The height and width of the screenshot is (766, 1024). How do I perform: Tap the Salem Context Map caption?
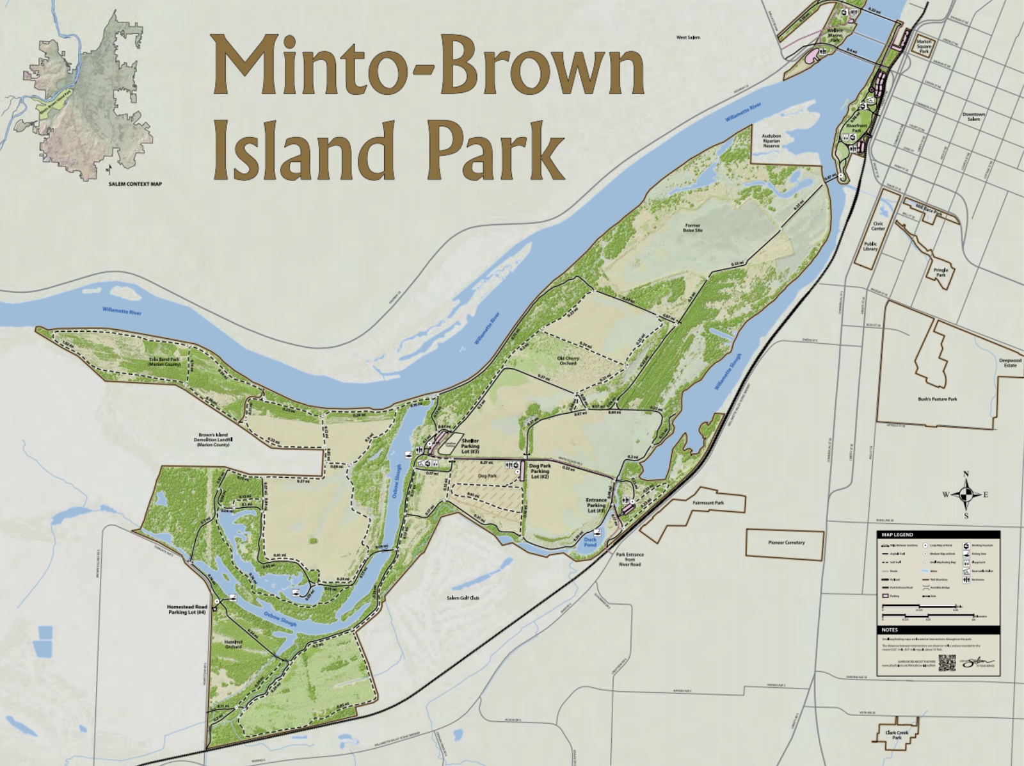pyautogui.click(x=134, y=184)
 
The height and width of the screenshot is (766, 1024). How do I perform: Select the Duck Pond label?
pyautogui.click(x=590, y=542)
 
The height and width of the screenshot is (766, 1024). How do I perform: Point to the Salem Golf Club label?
pyautogui.click(x=463, y=598)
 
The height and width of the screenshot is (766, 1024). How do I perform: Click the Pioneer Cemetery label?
pyautogui.click(x=786, y=542)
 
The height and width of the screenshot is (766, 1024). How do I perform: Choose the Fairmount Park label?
pyautogui.click(x=708, y=503)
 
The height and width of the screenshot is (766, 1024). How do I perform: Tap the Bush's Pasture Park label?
pyautogui.click(x=937, y=399)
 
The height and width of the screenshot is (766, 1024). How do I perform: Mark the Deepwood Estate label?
pyautogui.click(x=1010, y=363)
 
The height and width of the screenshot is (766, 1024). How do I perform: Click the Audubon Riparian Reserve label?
pyautogui.click(x=771, y=141)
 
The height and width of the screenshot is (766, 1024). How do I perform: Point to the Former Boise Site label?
pyautogui.click(x=692, y=227)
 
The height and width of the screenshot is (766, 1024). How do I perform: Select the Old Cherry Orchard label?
pyautogui.click(x=568, y=361)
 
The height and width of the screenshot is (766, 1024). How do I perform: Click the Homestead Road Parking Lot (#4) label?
pyautogui.click(x=187, y=609)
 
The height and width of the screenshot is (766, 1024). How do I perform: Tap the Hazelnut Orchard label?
pyautogui.click(x=234, y=644)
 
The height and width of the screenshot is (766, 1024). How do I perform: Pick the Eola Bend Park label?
pyautogui.click(x=164, y=362)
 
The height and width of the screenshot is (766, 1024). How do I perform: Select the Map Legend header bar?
pyautogui.click(x=938, y=534)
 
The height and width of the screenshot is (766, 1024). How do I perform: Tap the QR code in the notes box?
pyautogui.click(x=947, y=663)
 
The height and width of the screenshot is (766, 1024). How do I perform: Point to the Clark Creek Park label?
pyautogui.click(x=897, y=735)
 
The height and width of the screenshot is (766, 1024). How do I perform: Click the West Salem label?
pyautogui.click(x=688, y=38)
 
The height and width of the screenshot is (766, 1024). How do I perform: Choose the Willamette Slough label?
pyautogui.click(x=729, y=371)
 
